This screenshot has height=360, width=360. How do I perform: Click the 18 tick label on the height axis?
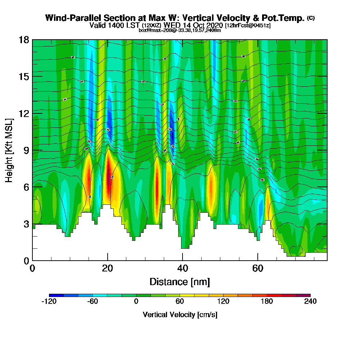[24, 40]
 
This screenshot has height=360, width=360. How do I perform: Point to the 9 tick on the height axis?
[32, 150]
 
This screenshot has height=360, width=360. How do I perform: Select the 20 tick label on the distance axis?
[107, 268]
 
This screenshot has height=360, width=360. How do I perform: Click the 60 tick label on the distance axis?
[257, 268]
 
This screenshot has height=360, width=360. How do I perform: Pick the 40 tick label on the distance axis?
[183, 268]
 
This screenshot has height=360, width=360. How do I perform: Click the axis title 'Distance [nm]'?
[180, 282]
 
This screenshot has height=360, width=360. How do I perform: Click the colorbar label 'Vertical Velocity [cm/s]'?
[180, 315]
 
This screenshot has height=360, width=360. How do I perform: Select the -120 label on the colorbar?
[49, 301]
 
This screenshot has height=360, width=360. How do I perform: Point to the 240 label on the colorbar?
[310, 301]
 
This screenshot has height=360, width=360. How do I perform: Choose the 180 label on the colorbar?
[267, 301]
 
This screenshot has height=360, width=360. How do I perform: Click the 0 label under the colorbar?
[136, 301]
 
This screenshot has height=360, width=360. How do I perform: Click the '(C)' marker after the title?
[311, 18]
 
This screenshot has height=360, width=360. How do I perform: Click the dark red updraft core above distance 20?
[108, 176]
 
